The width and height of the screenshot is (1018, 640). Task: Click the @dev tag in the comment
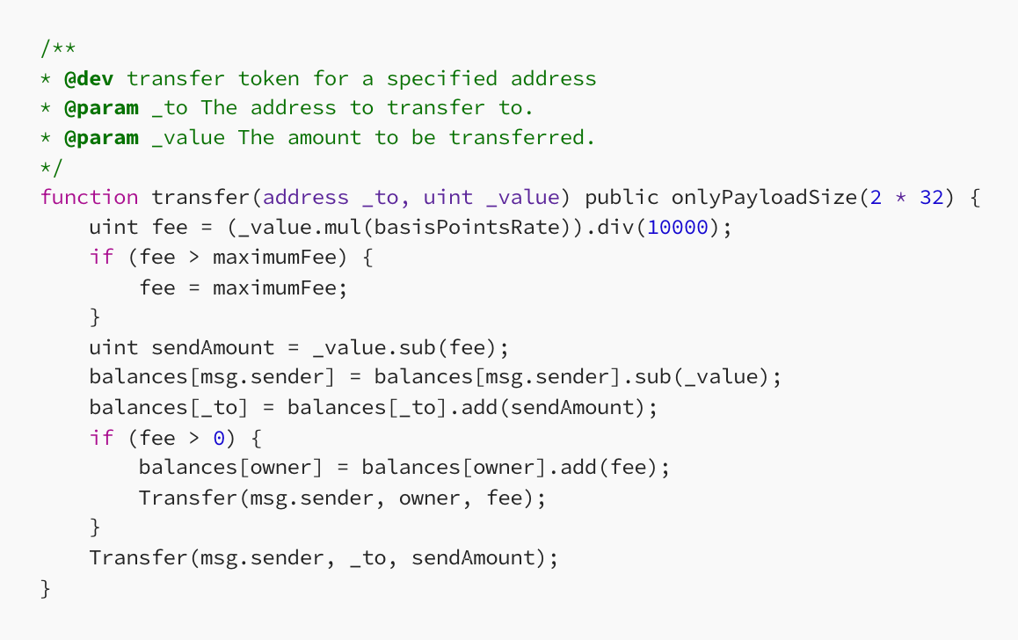click(x=89, y=78)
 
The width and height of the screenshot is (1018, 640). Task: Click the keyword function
click(x=89, y=197)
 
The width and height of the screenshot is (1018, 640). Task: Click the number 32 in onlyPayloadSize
click(x=931, y=197)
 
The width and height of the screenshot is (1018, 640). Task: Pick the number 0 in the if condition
click(x=219, y=436)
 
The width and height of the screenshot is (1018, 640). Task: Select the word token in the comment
click(x=269, y=78)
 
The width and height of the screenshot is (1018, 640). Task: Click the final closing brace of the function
click(x=46, y=587)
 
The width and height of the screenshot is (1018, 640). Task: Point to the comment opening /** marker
click(x=58, y=48)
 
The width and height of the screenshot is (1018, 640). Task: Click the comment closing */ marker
click(x=52, y=167)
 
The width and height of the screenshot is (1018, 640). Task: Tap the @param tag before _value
click(x=101, y=137)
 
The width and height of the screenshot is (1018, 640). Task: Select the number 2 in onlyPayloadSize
click(x=876, y=197)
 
